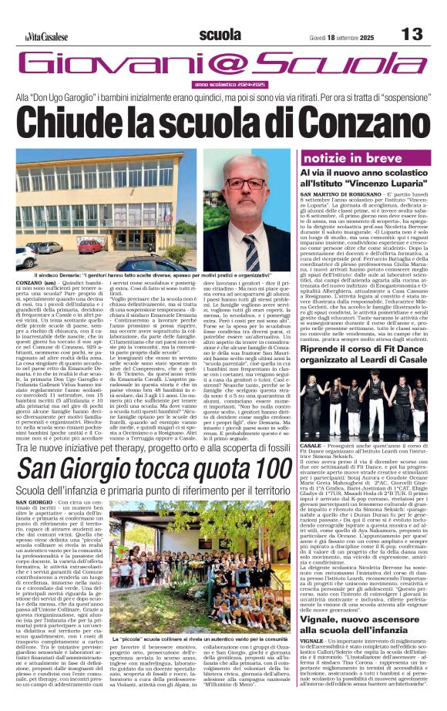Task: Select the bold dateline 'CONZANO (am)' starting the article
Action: tap(35, 285)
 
